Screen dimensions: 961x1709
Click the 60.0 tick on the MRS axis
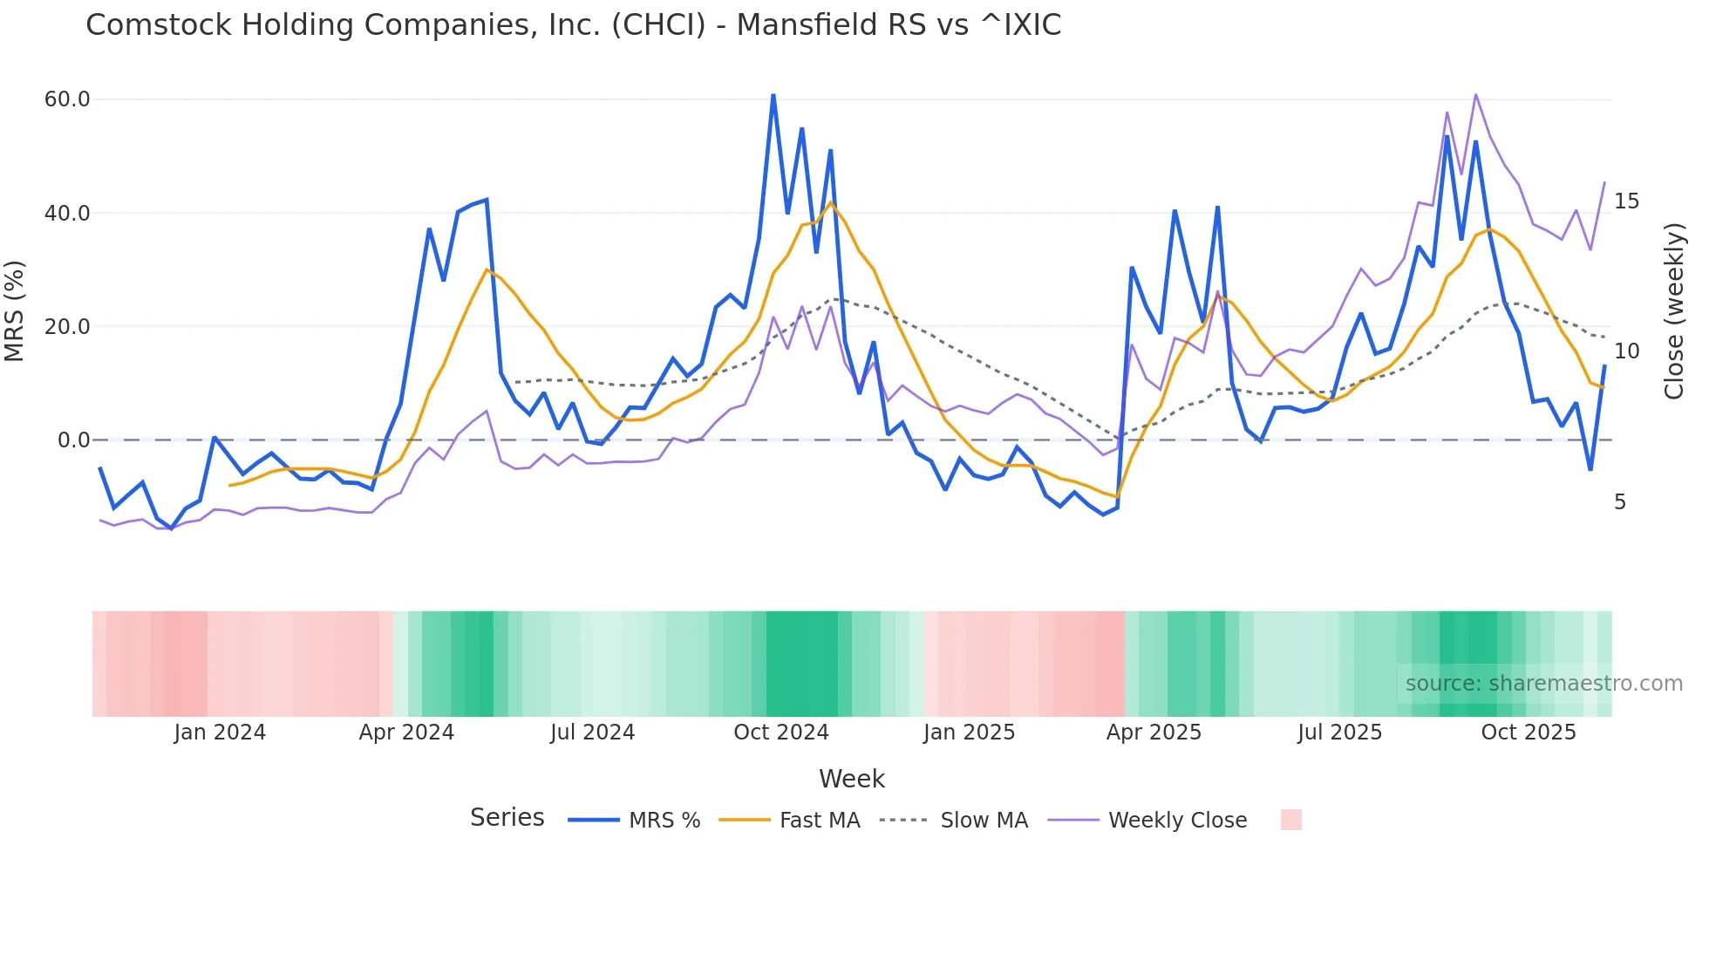coord(67,99)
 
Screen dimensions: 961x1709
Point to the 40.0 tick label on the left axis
coord(67,214)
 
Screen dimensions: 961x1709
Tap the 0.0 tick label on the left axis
coord(73,440)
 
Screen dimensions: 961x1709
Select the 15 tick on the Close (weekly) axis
coord(1626,201)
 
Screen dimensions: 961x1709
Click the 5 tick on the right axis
coord(1620,502)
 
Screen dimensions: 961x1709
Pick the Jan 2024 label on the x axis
coord(220,733)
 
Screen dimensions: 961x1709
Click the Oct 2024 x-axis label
coord(781,733)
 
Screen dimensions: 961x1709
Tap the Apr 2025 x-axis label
coord(1154,733)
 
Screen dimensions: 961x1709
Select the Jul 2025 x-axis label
coord(1340,733)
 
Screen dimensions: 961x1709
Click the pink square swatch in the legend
coord(1290,820)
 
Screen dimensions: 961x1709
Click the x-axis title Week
coord(852,779)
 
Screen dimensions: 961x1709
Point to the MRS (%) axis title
coord(15,311)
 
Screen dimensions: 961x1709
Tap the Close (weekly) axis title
coord(1673,311)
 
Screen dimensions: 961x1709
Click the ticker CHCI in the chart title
coord(658,25)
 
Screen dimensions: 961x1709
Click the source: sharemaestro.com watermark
coord(1543,684)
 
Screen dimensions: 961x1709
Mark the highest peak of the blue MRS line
coord(773,95)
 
